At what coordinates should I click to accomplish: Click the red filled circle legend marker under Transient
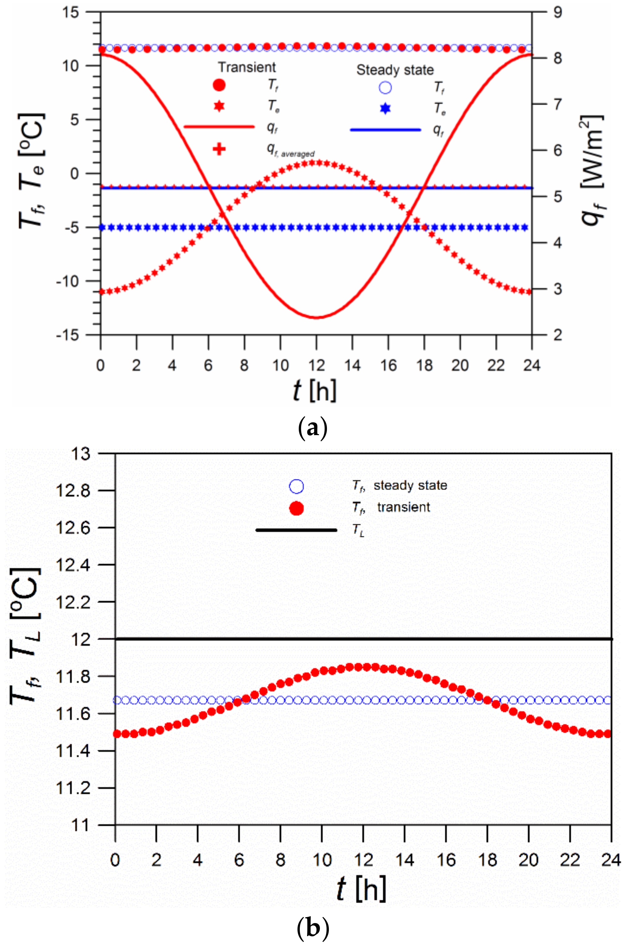click(219, 85)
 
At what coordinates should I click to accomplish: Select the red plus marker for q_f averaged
click(219, 149)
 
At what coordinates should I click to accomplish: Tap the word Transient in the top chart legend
click(247, 67)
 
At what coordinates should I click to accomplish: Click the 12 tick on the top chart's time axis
click(316, 365)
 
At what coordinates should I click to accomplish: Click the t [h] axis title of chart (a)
click(315, 390)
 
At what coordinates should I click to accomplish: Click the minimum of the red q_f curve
click(316, 318)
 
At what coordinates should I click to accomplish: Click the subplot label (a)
click(313, 429)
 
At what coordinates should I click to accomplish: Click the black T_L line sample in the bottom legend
click(296, 530)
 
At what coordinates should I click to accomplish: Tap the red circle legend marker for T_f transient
click(296, 508)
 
